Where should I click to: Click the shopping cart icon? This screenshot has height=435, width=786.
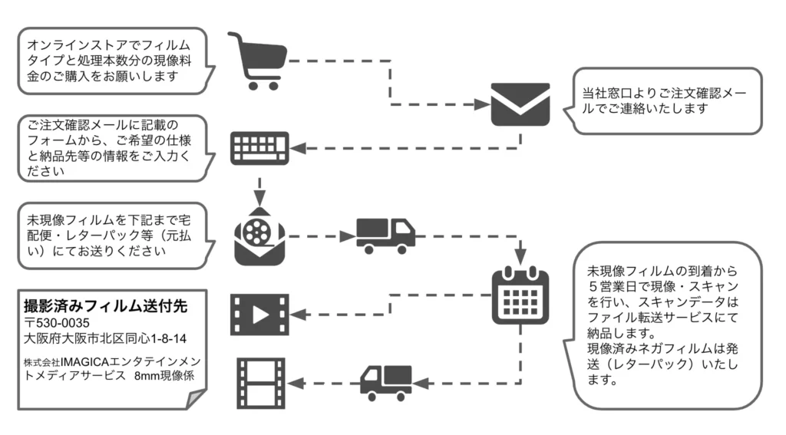[x=257, y=61]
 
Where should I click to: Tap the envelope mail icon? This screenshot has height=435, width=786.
[x=520, y=104]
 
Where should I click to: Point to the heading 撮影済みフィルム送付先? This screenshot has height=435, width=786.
[x=106, y=306]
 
